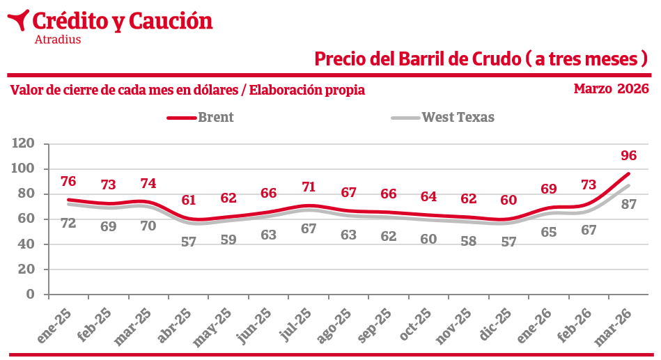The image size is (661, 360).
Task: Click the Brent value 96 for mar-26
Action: point(628,155)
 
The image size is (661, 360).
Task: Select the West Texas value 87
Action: point(628,205)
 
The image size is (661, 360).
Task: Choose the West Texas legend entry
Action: point(458,118)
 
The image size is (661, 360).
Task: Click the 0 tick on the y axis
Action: point(30,294)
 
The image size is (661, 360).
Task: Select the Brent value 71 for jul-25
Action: point(309,187)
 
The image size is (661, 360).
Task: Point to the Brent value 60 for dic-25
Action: point(509,200)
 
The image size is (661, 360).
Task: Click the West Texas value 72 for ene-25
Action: point(68,224)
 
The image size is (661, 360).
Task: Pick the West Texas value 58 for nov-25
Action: point(469,241)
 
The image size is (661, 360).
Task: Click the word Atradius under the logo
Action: point(57,40)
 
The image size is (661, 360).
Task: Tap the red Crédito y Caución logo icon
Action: point(17,20)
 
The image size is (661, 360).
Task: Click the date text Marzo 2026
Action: point(611,89)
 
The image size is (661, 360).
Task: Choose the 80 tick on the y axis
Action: point(27,194)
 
